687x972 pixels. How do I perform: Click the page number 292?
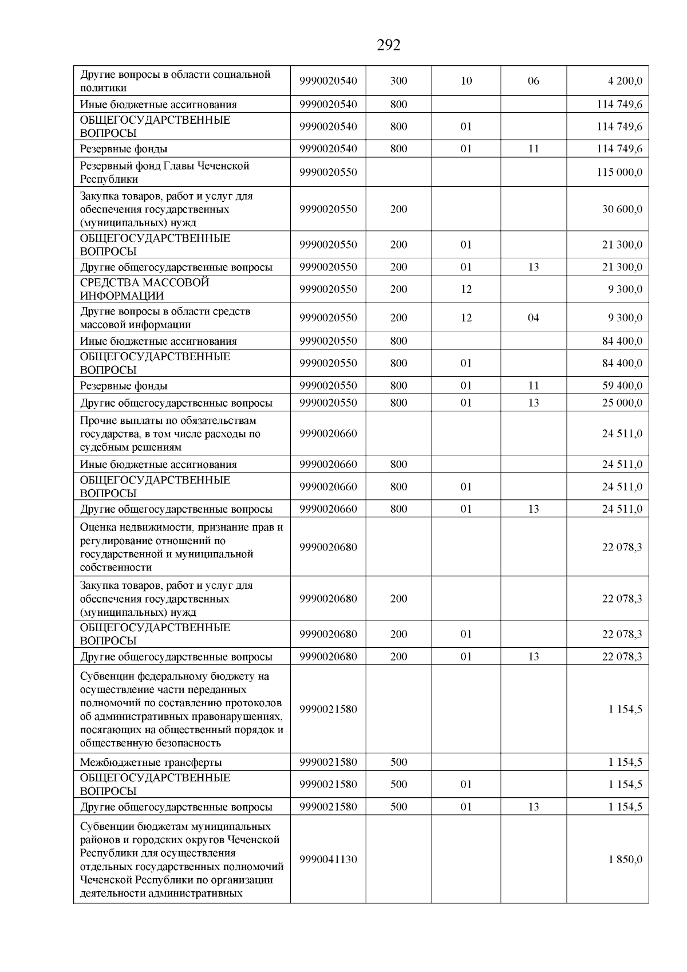[389, 45]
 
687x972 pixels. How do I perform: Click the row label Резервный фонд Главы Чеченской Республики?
[165, 172]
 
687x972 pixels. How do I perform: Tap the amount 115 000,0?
[619, 172]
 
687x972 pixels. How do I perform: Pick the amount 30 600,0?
[622, 209]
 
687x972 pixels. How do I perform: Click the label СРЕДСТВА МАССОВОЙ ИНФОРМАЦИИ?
[144, 289]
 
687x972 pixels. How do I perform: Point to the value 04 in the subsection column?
[533, 318]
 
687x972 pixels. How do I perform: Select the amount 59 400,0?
[622, 385]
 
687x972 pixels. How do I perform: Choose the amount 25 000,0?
[622, 403]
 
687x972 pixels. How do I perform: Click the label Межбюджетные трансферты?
[151, 762]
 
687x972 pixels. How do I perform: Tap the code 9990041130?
[328, 860]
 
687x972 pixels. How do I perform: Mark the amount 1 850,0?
[625, 860]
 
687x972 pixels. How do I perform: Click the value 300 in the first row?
[398, 81]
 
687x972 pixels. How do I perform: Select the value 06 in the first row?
[533, 81]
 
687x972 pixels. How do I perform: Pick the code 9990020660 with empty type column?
[328, 434]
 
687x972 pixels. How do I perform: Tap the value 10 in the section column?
[466, 81]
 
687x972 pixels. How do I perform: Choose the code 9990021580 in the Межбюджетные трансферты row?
[328, 762]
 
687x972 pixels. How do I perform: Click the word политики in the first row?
[103, 88]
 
